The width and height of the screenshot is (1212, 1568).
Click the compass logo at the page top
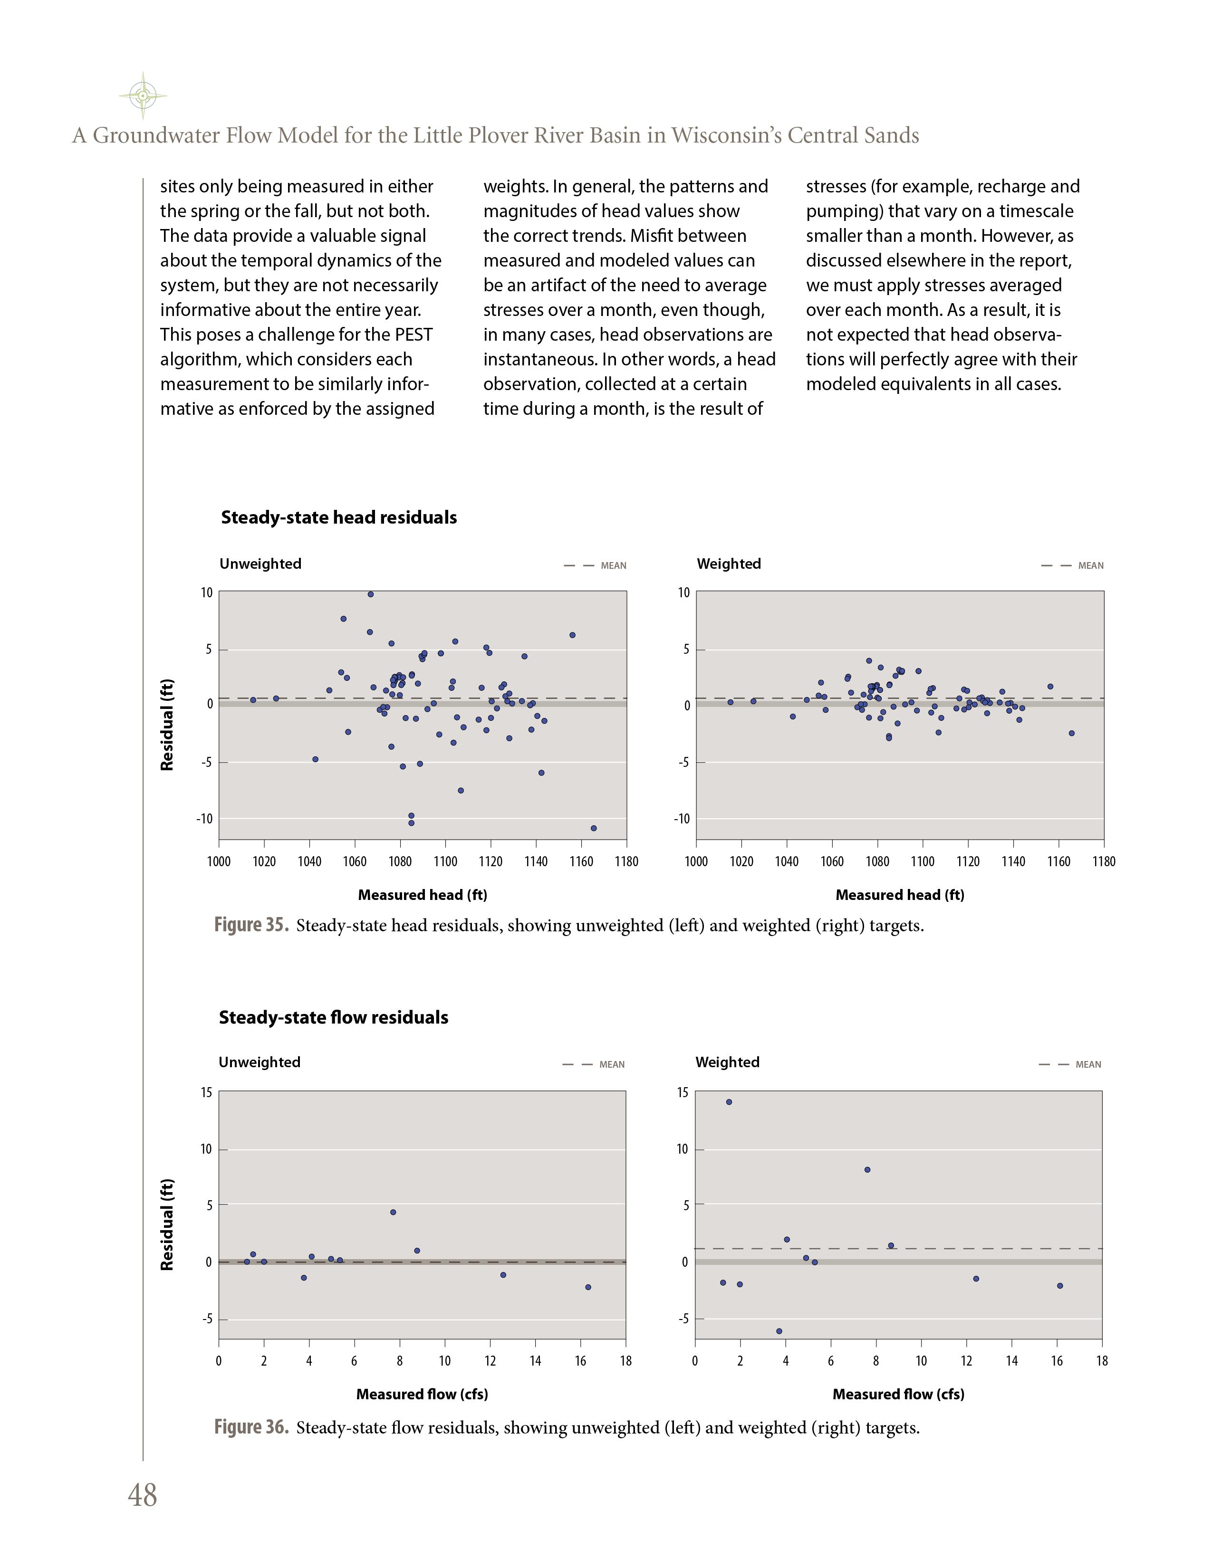pyautogui.click(x=143, y=96)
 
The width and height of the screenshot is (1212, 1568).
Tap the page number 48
pyautogui.click(x=142, y=1495)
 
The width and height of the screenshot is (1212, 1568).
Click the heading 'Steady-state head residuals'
pyautogui.click(x=338, y=517)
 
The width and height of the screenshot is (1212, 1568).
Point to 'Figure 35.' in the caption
pyautogui.click(x=251, y=925)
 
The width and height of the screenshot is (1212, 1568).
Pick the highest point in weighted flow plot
pyautogui.click(x=729, y=1102)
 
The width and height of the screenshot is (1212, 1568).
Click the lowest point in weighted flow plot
pyautogui.click(x=779, y=1331)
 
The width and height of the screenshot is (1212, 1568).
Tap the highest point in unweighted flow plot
pyautogui.click(x=393, y=1212)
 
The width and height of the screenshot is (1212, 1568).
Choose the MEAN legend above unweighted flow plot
pyautogui.click(x=612, y=1065)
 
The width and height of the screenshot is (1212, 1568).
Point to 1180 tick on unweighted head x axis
pyautogui.click(x=626, y=861)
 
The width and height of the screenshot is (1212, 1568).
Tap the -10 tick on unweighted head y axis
pyautogui.click(x=205, y=819)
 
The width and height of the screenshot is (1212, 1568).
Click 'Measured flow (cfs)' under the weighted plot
pyautogui.click(x=898, y=1394)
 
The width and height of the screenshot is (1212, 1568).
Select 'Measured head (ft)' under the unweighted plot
pyautogui.click(x=422, y=895)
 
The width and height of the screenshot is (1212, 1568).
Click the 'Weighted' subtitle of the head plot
pyautogui.click(x=728, y=564)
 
